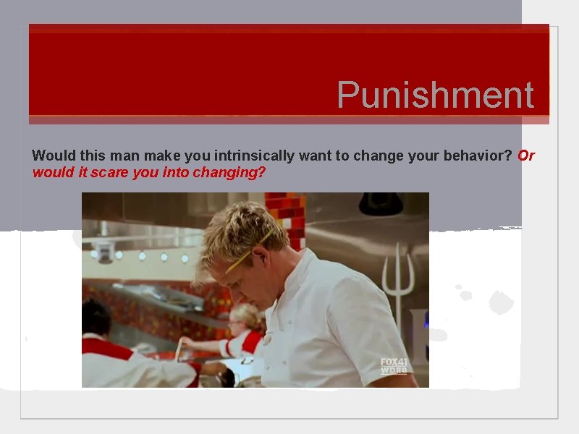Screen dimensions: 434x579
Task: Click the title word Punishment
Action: pyautogui.click(x=435, y=95)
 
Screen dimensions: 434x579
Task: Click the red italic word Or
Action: pyautogui.click(x=526, y=156)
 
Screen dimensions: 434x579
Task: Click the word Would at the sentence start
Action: pyautogui.click(x=49, y=156)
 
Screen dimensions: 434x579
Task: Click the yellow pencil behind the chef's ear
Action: pyautogui.click(x=250, y=251)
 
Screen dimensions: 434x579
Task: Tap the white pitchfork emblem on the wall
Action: pyautogui.click(x=399, y=278)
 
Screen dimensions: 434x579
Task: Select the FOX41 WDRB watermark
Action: pyautogui.click(x=394, y=366)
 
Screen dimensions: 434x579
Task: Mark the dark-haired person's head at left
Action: pyautogui.click(x=96, y=317)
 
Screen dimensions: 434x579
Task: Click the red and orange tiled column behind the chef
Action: pyautogui.click(x=286, y=217)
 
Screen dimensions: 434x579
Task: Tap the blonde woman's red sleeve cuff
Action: pyautogui.click(x=231, y=346)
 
